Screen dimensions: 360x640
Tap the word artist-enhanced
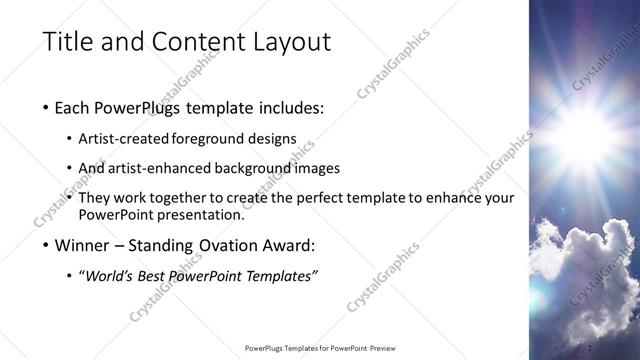point(158,168)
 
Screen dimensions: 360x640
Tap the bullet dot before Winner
point(46,245)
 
